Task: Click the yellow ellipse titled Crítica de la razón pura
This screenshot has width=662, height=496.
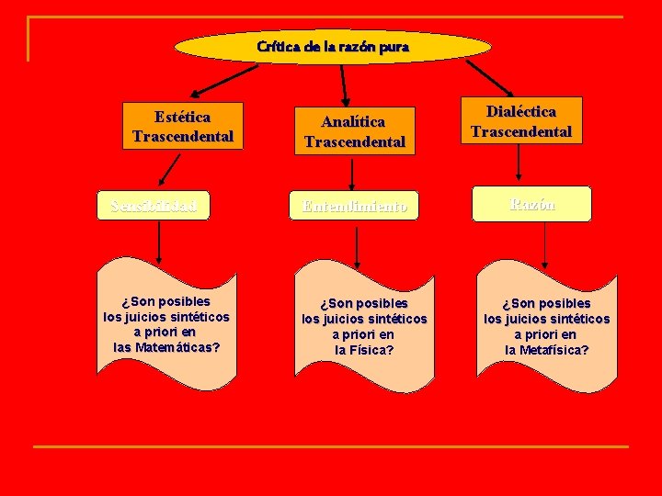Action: pyautogui.click(x=333, y=46)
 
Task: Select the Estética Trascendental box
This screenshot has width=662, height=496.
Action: pyautogui.click(x=182, y=126)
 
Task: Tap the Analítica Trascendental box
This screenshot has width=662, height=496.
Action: pyautogui.click(x=354, y=130)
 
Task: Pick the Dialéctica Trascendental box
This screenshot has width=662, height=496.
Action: pyautogui.click(x=520, y=121)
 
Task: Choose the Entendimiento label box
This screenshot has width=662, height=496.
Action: pyautogui.click(x=355, y=207)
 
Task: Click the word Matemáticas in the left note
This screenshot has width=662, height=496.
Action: pyautogui.click(x=180, y=347)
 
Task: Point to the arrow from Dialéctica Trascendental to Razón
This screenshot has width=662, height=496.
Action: pyautogui.click(x=519, y=163)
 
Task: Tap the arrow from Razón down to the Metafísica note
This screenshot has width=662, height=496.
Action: pyautogui.click(x=545, y=244)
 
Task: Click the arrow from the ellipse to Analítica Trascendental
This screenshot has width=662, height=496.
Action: pyautogui.click(x=344, y=83)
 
